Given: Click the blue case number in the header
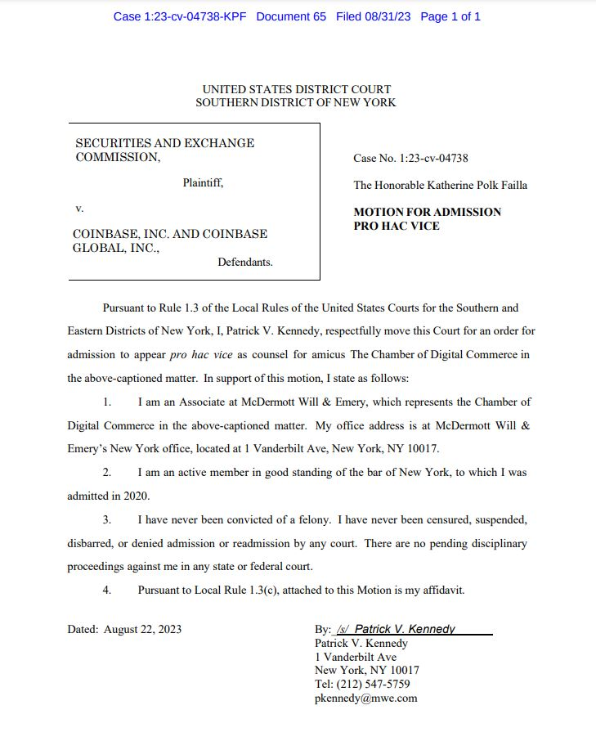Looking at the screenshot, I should pyautogui.click(x=180, y=16).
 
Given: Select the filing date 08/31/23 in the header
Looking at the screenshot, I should pyautogui.click(x=383, y=16).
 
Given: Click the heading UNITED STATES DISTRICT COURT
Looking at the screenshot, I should pyautogui.click(x=297, y=89).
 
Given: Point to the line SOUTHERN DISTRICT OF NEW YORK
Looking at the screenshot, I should pyautogui.click(x=296, y=103).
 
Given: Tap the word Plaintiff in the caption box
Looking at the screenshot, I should pyautogui.click(x=202, y=183).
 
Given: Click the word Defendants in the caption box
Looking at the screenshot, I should pyautogui.click(x=245, y=263).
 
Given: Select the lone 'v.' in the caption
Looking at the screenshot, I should pyautogui.click(x=79, y=209).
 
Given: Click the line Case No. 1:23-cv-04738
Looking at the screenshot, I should pyautogui.click(x=410, y=159).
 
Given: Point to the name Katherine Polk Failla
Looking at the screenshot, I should pyautogui.click(x=474, y=186).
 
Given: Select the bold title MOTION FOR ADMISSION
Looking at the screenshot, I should pyautogui.click(x=427, y=212).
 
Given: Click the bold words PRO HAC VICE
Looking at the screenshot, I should pyautogui.click(x=397, y=226).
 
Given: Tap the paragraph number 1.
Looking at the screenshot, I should pyautogui.click(x=107, y=402).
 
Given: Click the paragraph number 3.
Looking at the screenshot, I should pyautogui.click(x=107, y=520).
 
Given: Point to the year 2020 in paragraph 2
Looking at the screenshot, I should pyautogui.click(x=137, y=496).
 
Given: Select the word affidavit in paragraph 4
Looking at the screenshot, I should pyautogui.click(x=439, y=590).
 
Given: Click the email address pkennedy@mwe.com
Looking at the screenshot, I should pyautogui.click(x=365, y=698).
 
